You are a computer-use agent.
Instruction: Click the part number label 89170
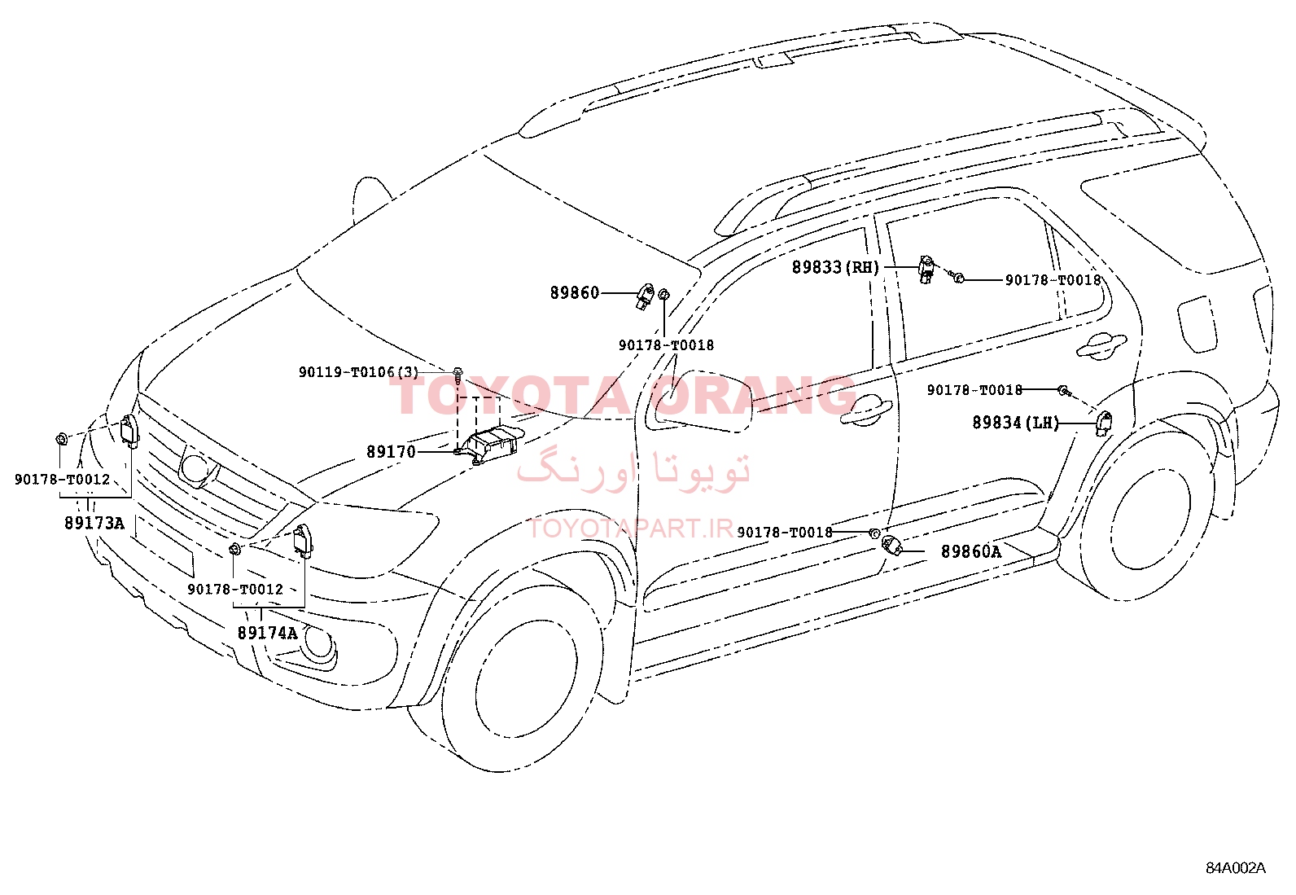click(x=391, y=451)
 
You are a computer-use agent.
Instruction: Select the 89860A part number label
click(x=971, y=551)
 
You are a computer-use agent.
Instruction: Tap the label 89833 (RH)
click(x=835, y=267)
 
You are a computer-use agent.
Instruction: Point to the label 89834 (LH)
click(x=1015, y=423)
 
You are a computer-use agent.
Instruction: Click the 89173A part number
click(x=94, y=524)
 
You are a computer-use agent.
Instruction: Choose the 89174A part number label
click(x=267, y=633)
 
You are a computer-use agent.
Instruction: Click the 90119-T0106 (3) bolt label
click(x=359, y=371)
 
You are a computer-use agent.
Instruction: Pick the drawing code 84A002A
click(x=1235, y=868)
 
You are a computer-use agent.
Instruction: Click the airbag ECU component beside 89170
click(x=489, y=444)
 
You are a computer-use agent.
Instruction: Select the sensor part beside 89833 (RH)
click(x=926, y=270)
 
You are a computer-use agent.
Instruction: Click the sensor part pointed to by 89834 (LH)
click(x=1104, y=423)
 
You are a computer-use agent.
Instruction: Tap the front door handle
click(x=866, y=410)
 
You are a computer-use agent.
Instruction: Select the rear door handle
click(x=1101, y=344)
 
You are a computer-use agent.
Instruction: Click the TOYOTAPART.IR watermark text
click(x=631, y=529)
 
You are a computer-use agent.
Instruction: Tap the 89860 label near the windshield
click(x=575, y=293)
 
